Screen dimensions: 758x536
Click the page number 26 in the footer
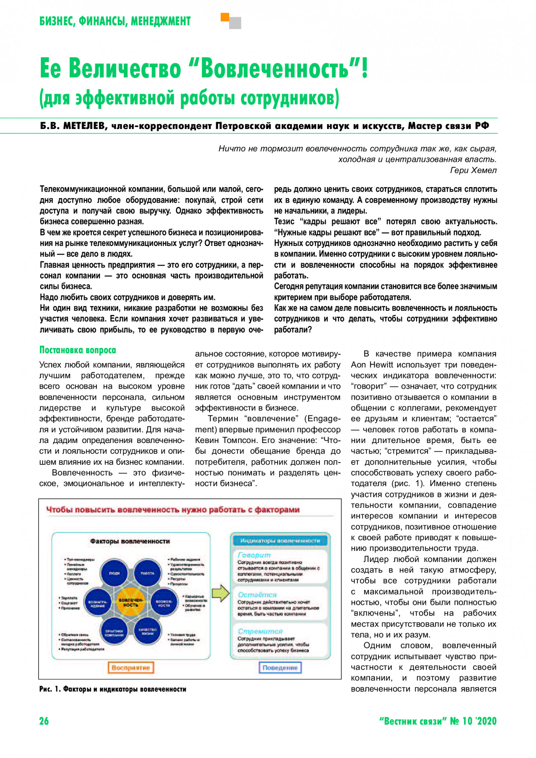click(44, 721)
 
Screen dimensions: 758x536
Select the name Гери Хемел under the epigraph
click(473, 170)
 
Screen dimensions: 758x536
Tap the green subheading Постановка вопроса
click(78, 350)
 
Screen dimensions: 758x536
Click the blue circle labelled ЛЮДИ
click(114, 573)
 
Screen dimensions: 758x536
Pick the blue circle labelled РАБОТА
click(147, 573)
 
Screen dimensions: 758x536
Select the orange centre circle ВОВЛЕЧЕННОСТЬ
click(131, 603)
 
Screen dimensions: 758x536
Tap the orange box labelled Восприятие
click(131, 668)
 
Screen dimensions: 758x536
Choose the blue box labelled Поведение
click(280, 668)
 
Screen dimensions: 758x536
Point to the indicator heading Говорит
click(254, 555)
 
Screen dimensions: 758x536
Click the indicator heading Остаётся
click(257, 594)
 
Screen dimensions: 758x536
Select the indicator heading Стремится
click(260, 631)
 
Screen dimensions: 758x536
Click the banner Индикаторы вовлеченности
click(280, 541)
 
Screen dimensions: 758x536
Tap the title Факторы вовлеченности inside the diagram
click(130, 541)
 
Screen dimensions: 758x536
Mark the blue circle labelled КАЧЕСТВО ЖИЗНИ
click(147, 632)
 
